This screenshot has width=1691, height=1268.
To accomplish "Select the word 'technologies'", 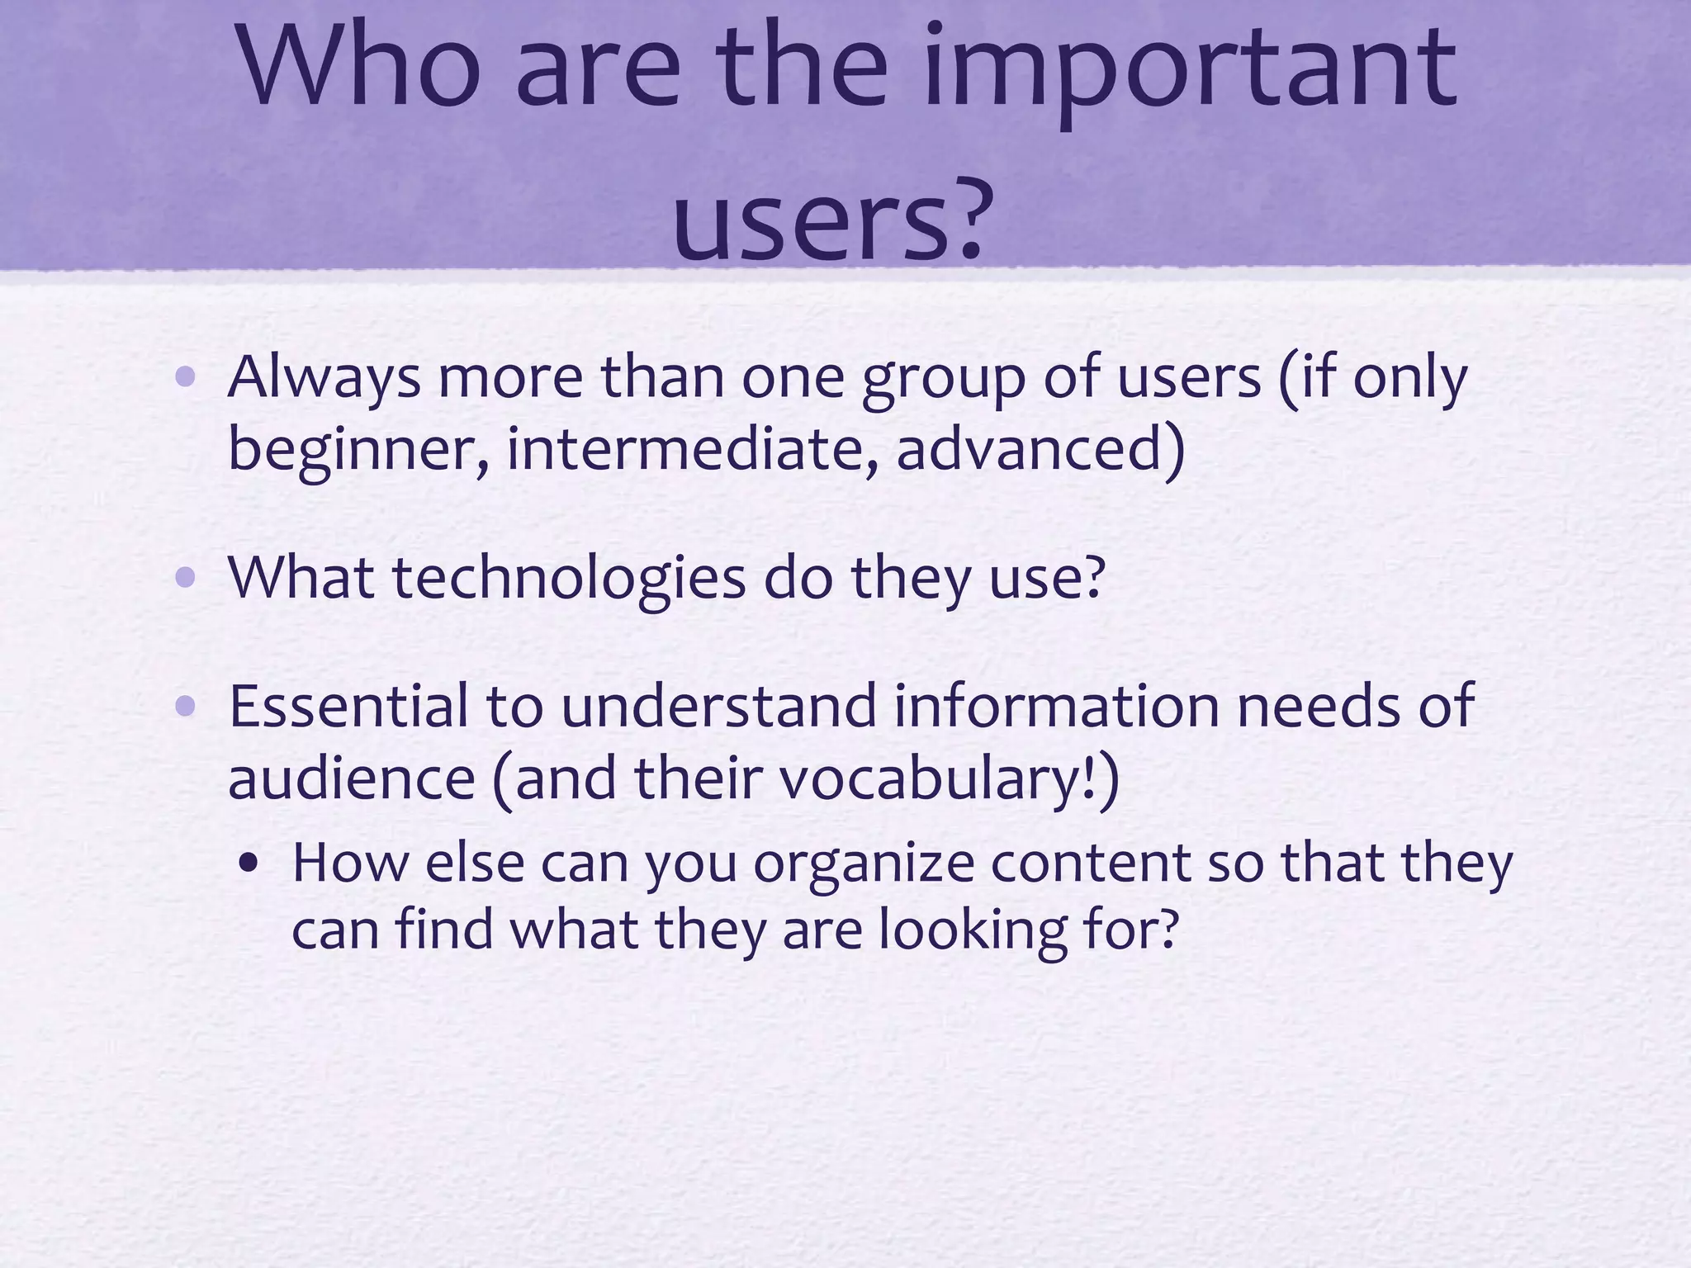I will (569, 580).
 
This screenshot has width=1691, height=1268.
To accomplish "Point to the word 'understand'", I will (718, 707).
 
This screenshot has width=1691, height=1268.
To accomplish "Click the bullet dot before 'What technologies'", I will (186, 579).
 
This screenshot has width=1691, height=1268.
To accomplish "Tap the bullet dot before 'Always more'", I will (186, 378).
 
